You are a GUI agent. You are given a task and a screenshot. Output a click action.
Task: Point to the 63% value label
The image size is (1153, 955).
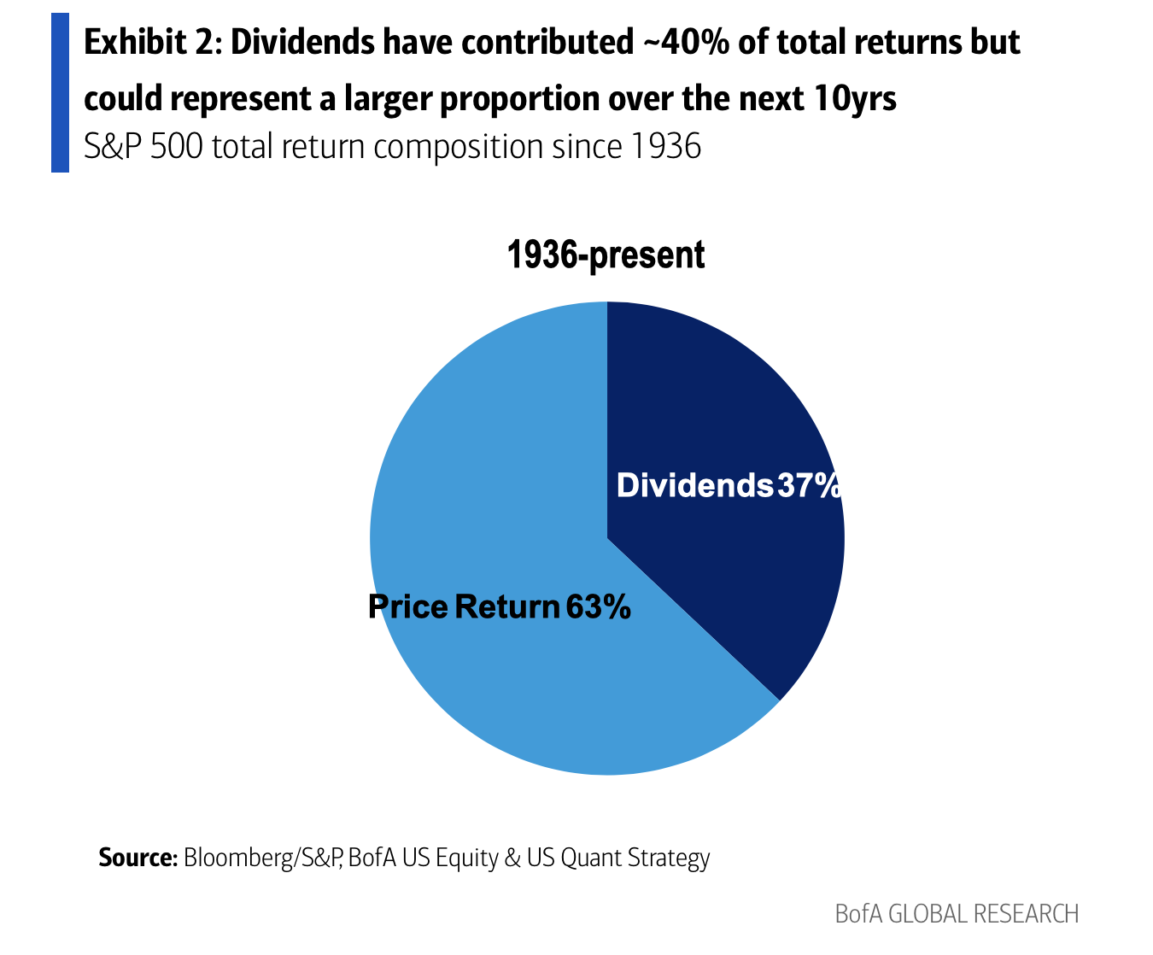click(x=598, y=606)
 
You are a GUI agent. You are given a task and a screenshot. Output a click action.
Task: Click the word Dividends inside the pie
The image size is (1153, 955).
click(x=694, y=485)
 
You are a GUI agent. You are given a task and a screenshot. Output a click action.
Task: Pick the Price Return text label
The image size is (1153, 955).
click(x=464, y=606)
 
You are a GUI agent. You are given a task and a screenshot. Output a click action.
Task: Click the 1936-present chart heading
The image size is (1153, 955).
click(x=606, y=255)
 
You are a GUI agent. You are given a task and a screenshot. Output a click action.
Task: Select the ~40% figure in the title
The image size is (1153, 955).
click(x=681, y=43)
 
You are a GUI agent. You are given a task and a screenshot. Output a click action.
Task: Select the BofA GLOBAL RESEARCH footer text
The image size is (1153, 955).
click(x=957, y=914)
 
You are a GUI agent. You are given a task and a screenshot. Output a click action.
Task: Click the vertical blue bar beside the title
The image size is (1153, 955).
click(x=60, y=92)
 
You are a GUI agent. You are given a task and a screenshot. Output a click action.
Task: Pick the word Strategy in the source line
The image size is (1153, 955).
click(x=669, y=858)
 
